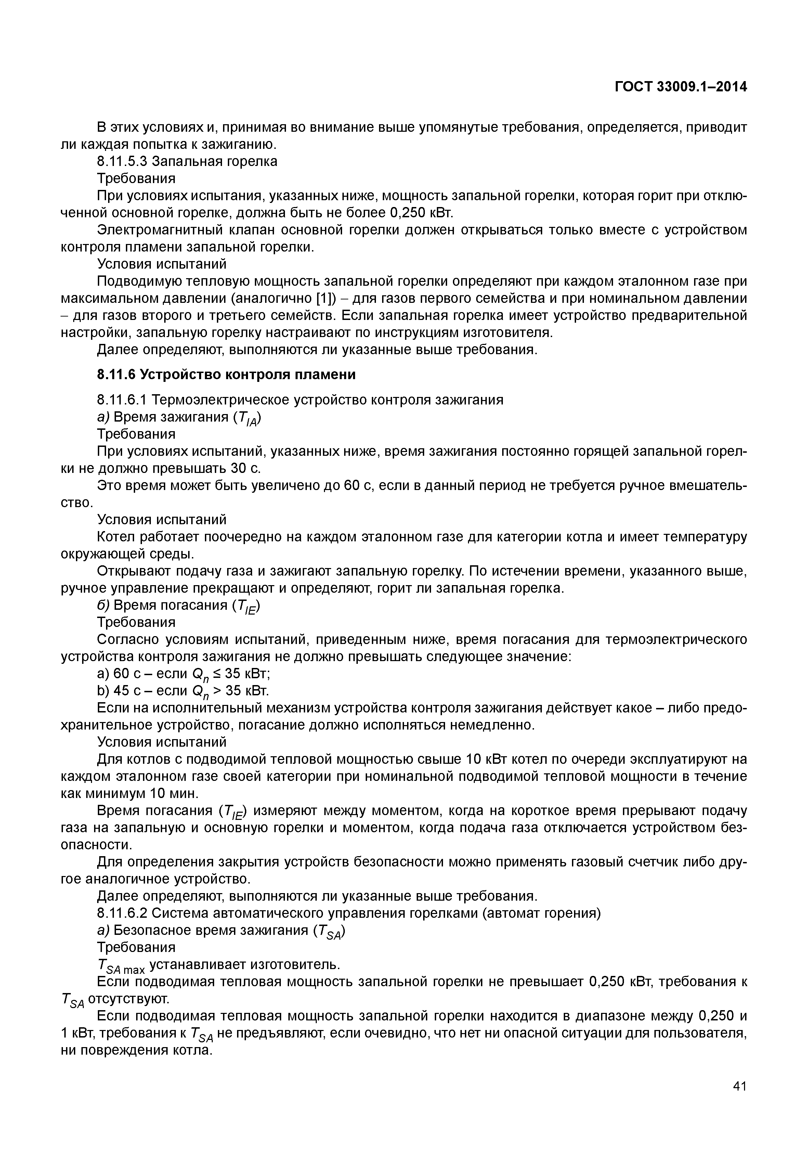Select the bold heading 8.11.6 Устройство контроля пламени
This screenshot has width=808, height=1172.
coord(226,374)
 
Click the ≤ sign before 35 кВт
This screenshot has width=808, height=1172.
coord(217,674)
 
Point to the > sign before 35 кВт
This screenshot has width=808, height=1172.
coord(217,691)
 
